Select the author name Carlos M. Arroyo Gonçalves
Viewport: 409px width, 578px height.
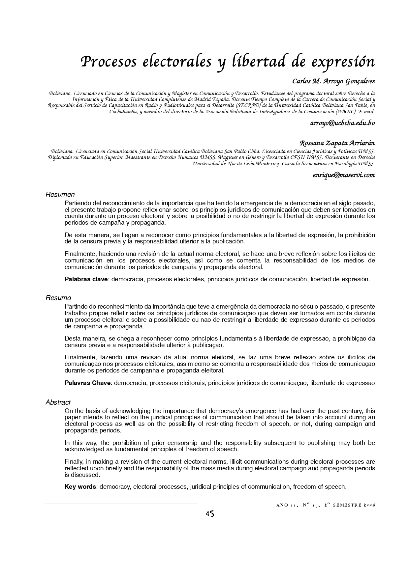(333, 81)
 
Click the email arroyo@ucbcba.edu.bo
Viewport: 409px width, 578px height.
(342, 123)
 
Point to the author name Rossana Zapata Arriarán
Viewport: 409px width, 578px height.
(337, 143)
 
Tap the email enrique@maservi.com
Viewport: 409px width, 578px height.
(343, 175)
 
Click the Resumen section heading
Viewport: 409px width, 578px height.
(60, 195)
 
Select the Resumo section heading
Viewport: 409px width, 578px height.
(58, 298)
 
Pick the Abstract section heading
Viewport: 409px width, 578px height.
(58, 402)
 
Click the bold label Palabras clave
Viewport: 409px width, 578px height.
(86, 279)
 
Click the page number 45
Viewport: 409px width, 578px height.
(209, 513)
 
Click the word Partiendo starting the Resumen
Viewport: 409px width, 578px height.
(77, 203)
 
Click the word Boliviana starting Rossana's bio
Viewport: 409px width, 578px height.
(61, 151)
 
